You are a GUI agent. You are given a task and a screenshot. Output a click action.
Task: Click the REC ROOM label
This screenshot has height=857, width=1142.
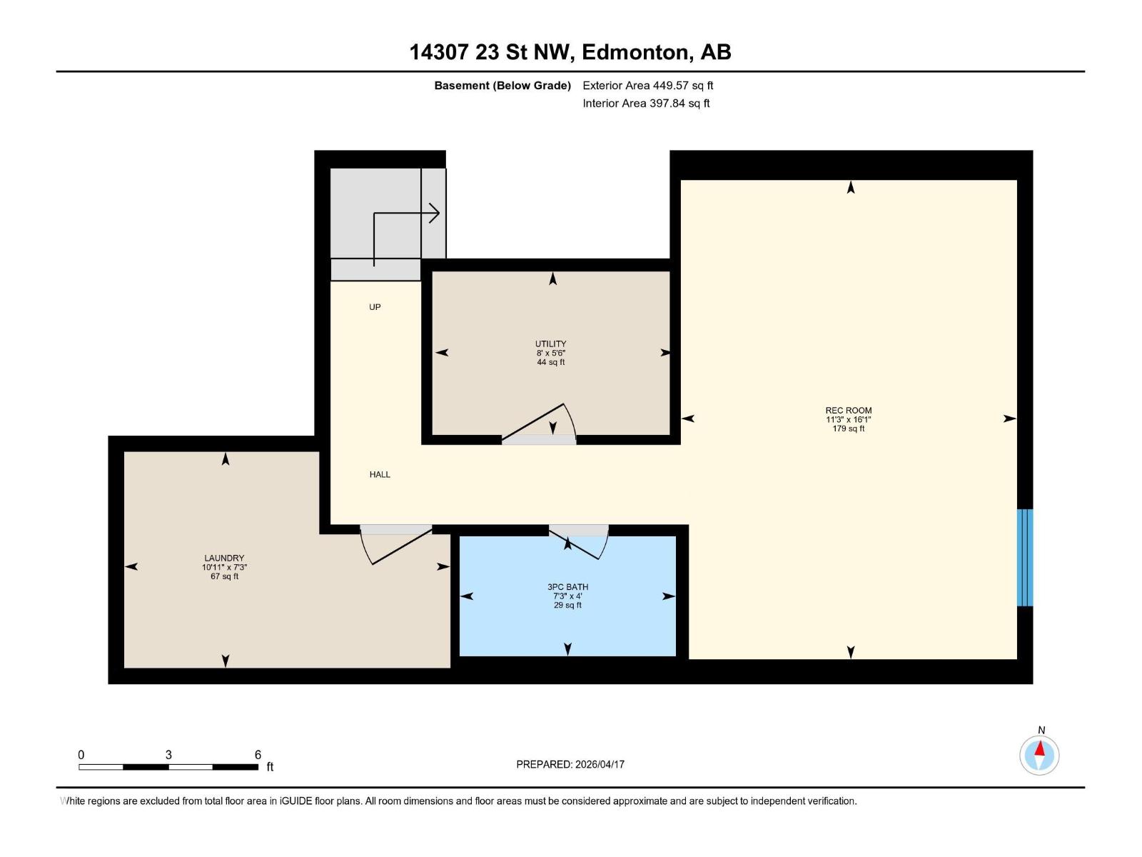pos(848,410)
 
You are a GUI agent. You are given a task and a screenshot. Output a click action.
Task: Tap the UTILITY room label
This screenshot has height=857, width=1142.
pos(550,344)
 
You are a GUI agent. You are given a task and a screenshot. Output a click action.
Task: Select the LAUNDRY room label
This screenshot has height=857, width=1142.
pos(224,558)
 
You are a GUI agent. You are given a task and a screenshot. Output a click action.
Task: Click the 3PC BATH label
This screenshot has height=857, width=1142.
pos(567,586)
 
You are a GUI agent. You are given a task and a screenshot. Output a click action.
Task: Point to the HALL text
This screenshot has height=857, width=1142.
pos(380,474)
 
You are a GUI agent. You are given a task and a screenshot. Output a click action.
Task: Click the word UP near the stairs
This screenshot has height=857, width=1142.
pos(375,307)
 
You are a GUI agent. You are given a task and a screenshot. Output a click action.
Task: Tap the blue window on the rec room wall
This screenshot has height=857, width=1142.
pos(1024,557)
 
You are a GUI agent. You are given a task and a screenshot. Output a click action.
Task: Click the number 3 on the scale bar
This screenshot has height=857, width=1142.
pos(168,755)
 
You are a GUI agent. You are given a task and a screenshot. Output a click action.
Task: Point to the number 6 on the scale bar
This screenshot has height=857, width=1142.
pos(258,755)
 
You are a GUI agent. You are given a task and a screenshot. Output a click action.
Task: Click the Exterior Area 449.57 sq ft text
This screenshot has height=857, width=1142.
pos(647,86)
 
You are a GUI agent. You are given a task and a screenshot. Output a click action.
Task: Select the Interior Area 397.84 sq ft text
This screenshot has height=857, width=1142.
pos(646,104)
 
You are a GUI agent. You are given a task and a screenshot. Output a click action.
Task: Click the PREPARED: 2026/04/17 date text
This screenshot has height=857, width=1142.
pos(570,764)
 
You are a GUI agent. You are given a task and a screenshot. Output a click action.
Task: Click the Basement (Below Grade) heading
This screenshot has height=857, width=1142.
pos(502,86)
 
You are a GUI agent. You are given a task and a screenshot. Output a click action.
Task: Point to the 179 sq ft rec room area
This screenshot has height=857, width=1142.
pos(848,428)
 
